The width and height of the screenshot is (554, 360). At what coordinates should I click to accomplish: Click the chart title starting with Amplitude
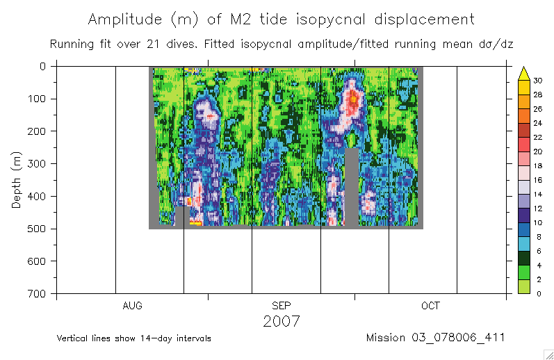click(x=282, y=19)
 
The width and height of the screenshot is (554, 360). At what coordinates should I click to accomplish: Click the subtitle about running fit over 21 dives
click(x=282, y=44)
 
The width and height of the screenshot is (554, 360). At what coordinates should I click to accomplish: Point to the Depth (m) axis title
click(x=17, y=180)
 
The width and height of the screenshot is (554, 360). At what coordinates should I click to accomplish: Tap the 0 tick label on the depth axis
click(x=42, y=66)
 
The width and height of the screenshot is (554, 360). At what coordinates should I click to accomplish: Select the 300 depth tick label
click(x=38, y=163)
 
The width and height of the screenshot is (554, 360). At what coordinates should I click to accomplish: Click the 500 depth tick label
click(x=38, y=229)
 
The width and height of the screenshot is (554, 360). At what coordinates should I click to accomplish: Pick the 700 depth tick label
click(x=38, y=293)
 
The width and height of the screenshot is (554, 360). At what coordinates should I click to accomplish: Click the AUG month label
click(x=132, y=306)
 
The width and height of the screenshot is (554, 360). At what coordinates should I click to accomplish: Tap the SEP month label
click(x=282, y=306)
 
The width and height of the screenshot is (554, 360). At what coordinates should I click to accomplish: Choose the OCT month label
click(x=430, y=306)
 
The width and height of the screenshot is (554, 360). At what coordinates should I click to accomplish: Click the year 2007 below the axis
click(x=282, y=321)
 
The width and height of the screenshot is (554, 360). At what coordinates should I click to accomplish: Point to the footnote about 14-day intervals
click(x=134, y=338)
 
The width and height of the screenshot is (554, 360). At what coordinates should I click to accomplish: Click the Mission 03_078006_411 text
click(x=435, y=338)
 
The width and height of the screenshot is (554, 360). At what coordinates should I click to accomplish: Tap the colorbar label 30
click(x=538, y=81)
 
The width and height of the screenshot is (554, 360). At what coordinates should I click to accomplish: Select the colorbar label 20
click(x=538, y=152)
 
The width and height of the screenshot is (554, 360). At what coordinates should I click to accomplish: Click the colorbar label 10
click(x=538, y=222)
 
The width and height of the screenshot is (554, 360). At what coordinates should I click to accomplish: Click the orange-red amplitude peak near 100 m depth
click(x=353, y=97)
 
